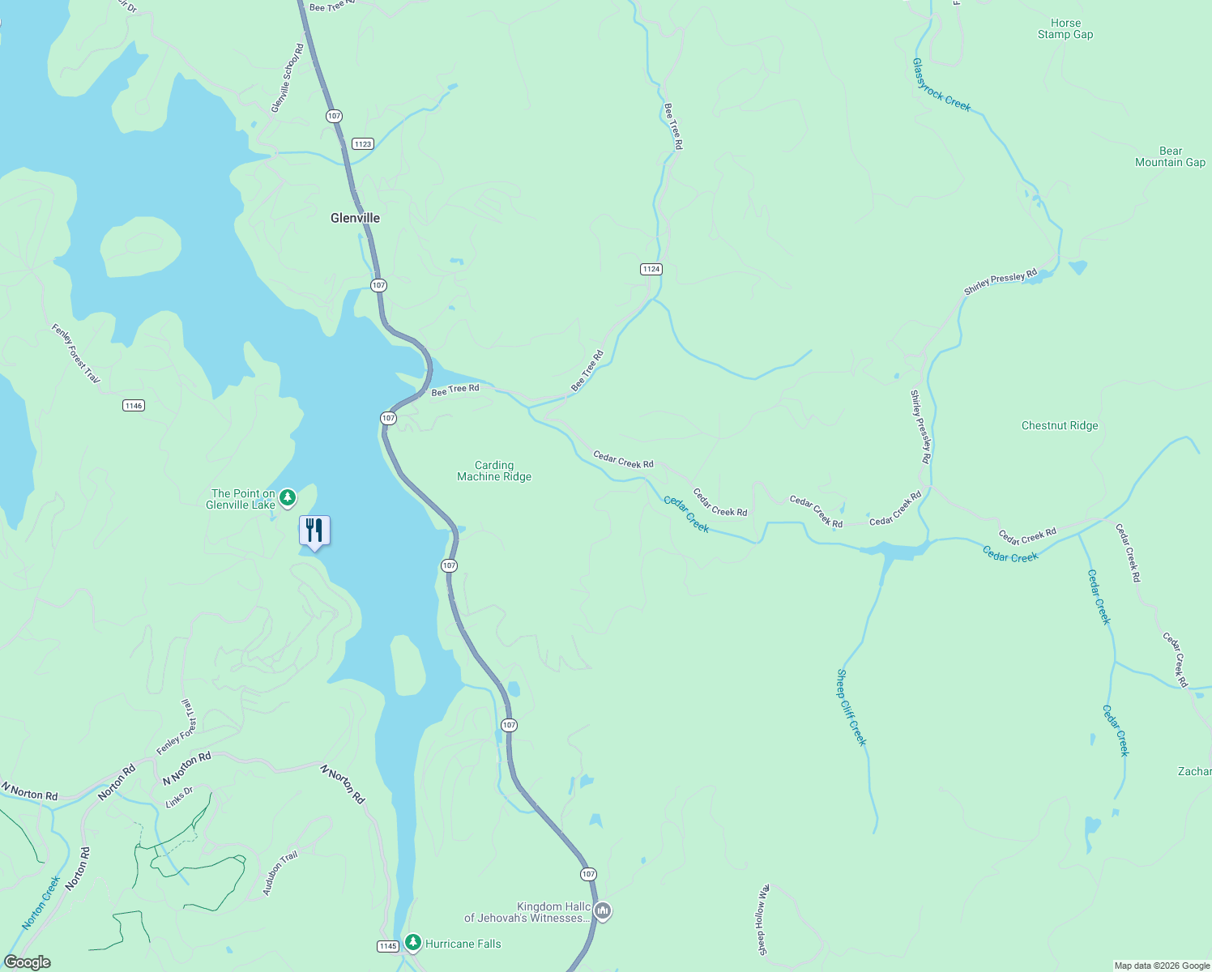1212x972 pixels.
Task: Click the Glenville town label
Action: click(355, 218)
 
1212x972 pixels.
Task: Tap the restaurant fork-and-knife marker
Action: click(314, 531)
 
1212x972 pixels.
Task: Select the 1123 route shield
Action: click(362, 144)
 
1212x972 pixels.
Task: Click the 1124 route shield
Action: click(651, 269)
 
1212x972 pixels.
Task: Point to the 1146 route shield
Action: click(134, 405)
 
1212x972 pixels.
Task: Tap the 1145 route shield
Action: click(388, 946)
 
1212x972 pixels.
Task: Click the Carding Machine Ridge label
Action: click(494, 471)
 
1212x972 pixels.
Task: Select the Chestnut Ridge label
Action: click(1060, 425)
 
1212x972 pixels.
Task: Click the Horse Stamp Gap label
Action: click(1065, 29)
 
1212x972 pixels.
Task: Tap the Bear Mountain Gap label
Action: click(1170, 156)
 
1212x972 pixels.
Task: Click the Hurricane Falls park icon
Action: click(413, 942)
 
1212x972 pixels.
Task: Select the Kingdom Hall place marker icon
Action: click(603, 911)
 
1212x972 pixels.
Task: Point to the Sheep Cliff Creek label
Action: click(851, 707)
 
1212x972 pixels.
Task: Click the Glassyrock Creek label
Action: click(941, 84)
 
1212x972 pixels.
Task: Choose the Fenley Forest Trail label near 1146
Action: click(75, 354)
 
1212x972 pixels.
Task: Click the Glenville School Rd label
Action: click(287, 79)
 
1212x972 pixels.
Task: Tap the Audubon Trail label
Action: click(280, 873)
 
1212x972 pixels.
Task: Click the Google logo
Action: click(28, 962)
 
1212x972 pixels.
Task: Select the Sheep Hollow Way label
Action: click(762, 919)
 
